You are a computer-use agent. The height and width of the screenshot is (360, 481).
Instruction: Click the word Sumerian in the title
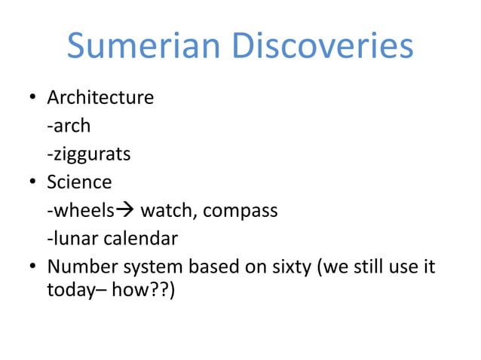pyautogui.click(x=144, y=47)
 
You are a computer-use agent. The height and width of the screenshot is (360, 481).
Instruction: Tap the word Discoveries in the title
pyautogui.click(x=322, y=47)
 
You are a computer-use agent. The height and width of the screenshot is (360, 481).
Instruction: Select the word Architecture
pyautogui.click(x=100, y=98)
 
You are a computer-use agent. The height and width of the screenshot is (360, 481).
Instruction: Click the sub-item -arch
pyautogui.click(x=68, y=127)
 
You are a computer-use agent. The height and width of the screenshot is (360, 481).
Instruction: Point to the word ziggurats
pyautogui.click(x=90, y=155)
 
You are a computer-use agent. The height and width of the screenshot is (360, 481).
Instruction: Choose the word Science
pyautogui.click(x=79, y=183)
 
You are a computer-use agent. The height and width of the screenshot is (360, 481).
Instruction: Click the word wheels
pyautogui.click(x=78, y=211)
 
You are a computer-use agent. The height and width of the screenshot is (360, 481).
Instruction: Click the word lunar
pyautogui.click(x=71, y=239)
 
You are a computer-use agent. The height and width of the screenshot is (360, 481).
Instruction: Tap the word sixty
pyautogui.click(x=289, y=267)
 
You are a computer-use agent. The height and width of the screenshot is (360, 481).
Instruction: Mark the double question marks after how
pyautogui.click(x=161, y=290)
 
